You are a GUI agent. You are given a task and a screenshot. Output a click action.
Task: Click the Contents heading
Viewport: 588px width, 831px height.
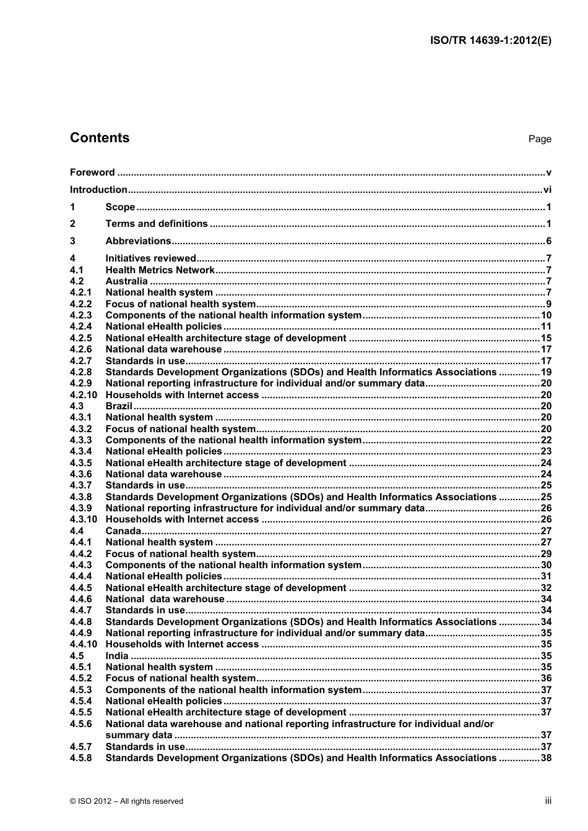pyautogui.click(x=100, y=138)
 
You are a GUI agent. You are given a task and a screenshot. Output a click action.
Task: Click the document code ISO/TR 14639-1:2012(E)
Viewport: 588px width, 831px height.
pyautogui.click(x=490, y=41)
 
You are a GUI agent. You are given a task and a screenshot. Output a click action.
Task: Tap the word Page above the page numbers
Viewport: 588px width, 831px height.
pyautogui.click(x=539, y=139)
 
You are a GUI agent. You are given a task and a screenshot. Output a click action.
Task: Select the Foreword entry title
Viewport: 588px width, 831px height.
pyautogui.click(x=92, y=173)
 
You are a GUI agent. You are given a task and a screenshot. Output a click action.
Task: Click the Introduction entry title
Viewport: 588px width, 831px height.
pyautogui.click(x=98, y=190)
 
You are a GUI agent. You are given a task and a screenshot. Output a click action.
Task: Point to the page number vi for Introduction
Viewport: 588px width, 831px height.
pyautogui.click(x=547, y=190)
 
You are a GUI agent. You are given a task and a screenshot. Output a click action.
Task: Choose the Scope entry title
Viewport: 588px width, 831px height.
pyautogui.click(x=120, y=207)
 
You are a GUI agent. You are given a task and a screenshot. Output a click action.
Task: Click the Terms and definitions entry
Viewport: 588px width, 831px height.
pyautogui.click(x=157, y=224)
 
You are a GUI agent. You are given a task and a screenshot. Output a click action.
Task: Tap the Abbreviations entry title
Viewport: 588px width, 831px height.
pyautogui.click(x=138, y=241)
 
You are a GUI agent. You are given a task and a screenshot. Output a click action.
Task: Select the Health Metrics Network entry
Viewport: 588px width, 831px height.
pyautogui.click(x=160, y=270)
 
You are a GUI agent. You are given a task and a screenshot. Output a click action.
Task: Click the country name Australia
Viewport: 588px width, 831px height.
pyautogui.click(x=126, y=281)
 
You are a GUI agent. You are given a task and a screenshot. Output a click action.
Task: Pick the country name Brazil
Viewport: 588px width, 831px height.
pyautogui.click(x=119, y=406)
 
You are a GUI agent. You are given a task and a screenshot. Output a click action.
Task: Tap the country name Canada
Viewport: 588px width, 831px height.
pyautogui.click(x=123, y=531)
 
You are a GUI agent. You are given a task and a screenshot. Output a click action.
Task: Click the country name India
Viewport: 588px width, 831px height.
pyautogui.click(x=117, y=656)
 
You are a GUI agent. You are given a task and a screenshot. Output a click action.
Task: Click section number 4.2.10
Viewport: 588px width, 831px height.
pyautogui.click(x=84, y=395)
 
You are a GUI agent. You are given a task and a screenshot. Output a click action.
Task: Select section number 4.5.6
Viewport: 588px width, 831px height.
pyautogui.click(x=80, y=724)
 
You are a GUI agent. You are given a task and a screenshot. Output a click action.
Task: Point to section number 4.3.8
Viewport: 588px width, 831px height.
pyautogui.click(x=80, y=497)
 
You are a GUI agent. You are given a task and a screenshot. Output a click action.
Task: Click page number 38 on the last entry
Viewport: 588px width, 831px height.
pyautogui.click(x=545, y=758)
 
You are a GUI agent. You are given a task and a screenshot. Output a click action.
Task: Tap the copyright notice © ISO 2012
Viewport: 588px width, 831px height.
pyautogui.click(x=126, y=801)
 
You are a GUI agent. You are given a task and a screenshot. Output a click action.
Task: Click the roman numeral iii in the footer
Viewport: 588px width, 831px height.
pyautogui.click(x=548, y=801)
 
